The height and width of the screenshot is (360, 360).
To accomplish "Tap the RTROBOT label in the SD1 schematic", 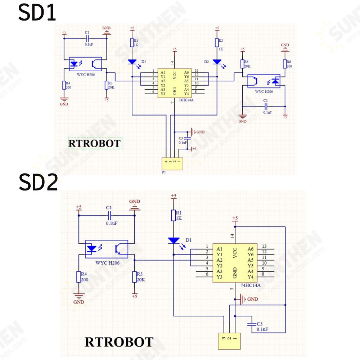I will (x=95, y=144).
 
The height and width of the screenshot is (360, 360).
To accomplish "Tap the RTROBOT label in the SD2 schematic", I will (x=119, y=342).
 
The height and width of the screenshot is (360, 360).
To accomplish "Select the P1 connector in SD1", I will (x=172, y=164).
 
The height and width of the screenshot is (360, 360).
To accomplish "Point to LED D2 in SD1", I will (x=217, y=62).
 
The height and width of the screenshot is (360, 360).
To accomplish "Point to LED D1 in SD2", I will (x=174, y=240).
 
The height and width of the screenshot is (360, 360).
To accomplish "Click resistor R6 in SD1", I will (x=285, y=64).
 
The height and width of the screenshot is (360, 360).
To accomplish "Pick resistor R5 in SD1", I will (x=242, y=64).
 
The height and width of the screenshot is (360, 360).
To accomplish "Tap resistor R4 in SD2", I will (x=79, y=277).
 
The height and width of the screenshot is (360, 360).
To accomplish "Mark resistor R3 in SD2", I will (x=134, y=277).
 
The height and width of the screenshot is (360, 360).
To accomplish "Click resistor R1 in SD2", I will (x=174, y=215).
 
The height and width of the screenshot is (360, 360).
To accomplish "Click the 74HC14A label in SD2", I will (x=251, y=285).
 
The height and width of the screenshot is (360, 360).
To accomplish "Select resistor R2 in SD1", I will (x=217, y=43).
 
